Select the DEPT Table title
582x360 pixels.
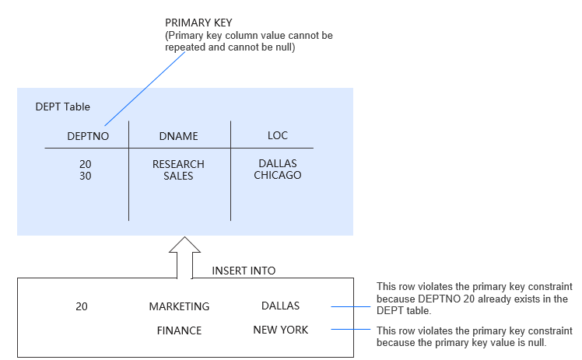pos(64,106)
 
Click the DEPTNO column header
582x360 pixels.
pos(88,136)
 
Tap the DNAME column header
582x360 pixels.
pos(178,136)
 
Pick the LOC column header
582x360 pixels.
pos(277,135)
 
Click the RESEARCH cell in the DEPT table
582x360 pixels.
pos(178,164)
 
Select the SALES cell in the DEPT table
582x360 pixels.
pos(178,176)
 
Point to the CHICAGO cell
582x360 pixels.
pos(277,175)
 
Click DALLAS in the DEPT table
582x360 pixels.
pos(277,163)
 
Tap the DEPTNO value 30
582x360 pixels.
pos(86,176)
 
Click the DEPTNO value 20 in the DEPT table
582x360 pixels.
pos(86,164)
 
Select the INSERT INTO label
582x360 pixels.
pos(244,271)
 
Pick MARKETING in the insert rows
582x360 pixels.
pos(179,306)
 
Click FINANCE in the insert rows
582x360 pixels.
pos(179,330)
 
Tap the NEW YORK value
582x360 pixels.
pos(280,330)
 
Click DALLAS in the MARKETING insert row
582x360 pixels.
pos(280,306)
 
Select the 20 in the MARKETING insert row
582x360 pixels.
pos(82,306)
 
